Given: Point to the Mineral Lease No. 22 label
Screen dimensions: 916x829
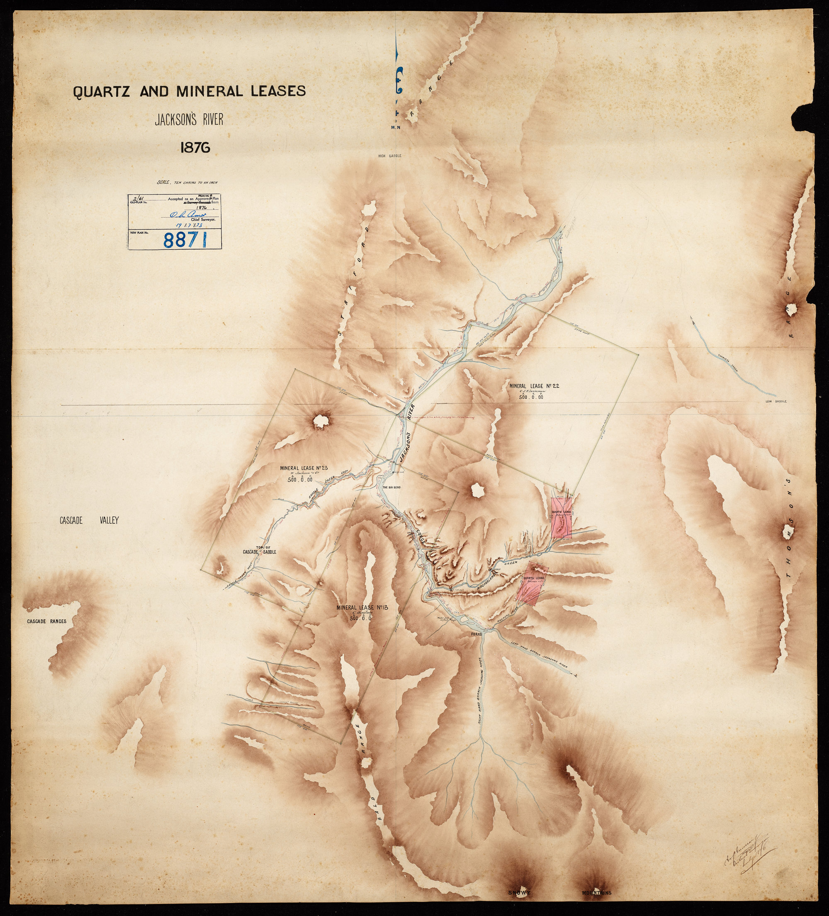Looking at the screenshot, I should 534,386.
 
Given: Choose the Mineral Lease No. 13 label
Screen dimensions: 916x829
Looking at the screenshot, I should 361,607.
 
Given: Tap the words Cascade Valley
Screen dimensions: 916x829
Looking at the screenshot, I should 89,521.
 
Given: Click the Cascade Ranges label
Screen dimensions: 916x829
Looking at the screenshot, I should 46,621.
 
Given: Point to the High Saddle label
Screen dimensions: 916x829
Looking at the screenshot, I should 390,156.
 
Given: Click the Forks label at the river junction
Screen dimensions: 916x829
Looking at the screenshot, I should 476,633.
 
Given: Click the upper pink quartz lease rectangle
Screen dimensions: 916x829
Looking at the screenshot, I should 562,517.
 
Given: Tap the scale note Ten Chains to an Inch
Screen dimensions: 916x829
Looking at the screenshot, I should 187,182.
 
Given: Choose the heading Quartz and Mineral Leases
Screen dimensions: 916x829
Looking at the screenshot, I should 190,91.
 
